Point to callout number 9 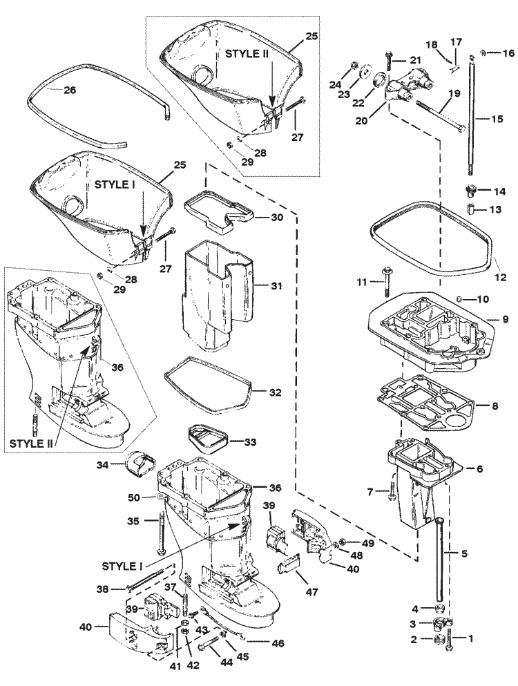click(505, 320)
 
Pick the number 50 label click(134, 497)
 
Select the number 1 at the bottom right click(472, 639)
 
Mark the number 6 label click(479, 468)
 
